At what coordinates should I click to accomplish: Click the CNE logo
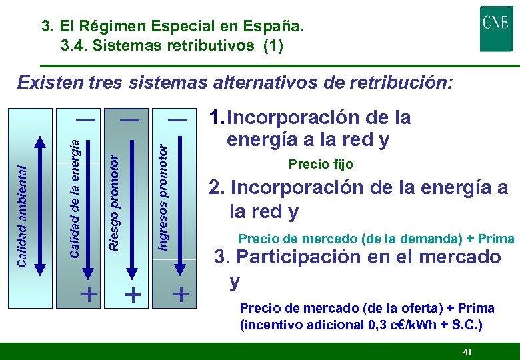pyautogui.click(x=496, y=28)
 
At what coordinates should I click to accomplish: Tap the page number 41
pyautogui.click(x=467, y=351)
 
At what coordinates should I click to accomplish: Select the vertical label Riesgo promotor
pyautogui.click(x=114, y=203)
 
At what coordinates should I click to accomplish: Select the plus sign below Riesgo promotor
pyautogui.click(x=133, y=294)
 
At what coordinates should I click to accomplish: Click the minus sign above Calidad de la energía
pyautogui.click(x=85, y=119)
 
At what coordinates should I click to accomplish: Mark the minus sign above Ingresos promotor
pyautogui.click(x=177, y=119)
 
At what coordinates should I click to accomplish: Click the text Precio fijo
pyautogui.click(x=321, y=164)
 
